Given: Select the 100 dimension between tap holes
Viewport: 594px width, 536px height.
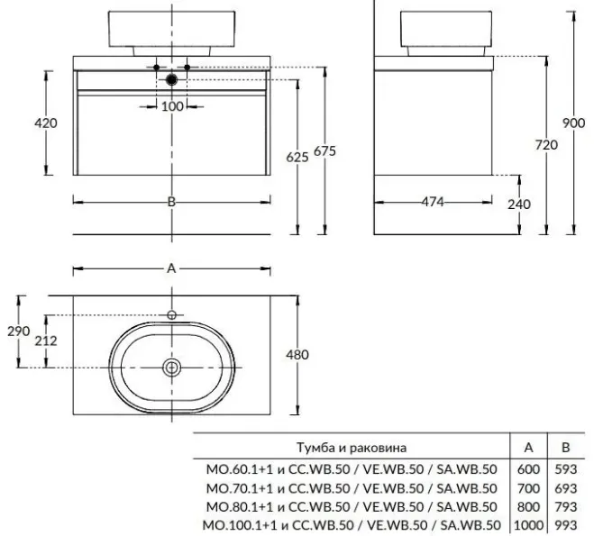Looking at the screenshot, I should tap(171, 106).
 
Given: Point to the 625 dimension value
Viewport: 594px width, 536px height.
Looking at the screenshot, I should tap(297, 156).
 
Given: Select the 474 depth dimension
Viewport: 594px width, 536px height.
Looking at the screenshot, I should tap(434, 202).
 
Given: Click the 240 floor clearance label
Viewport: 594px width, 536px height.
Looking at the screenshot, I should tap(519, 204).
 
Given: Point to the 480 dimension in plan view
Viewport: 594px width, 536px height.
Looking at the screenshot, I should tap(297, 354).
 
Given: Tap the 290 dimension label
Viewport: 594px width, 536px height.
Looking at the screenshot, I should tap(19, 332).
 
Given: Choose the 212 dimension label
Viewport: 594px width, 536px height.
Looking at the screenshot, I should tap(46, 341).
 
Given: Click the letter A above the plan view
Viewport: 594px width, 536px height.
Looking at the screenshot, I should tap(171, 268).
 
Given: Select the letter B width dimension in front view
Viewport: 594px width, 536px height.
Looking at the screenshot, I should tap(171, 202).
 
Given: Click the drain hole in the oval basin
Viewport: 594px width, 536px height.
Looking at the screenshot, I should tap(171, 367).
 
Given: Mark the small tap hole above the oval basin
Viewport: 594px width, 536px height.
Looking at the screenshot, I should tap(171, 314).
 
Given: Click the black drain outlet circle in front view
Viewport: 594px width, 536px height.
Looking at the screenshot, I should tap(171, 80).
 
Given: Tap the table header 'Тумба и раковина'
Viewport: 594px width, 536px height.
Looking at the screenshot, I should tap(352, 447).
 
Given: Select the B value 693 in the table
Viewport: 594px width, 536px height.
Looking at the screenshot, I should tap(566, 487).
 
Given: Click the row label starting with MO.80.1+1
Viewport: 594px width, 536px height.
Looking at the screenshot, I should tap(349, 506).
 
